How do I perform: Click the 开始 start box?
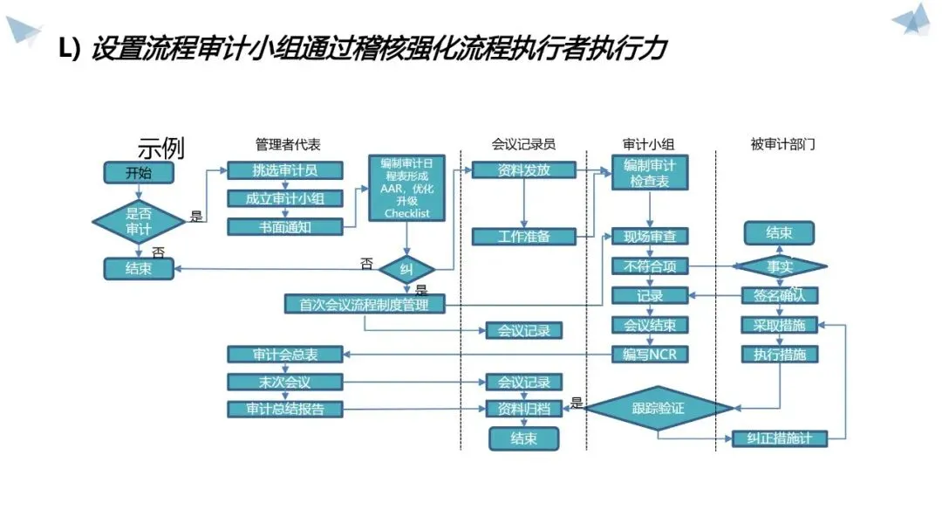(x=139, y=173)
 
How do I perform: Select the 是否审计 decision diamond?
(x=139, y=222)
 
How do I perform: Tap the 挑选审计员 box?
(x=285, y=171)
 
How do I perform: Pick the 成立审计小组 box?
(x=285, y=199)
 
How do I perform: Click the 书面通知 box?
(x=285, y=227)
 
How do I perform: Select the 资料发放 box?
(x=523, y=170)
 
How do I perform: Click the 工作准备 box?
(x=523, y=237)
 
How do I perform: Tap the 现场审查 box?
(x=650, y=237)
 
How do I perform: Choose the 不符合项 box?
(x=650, y=266)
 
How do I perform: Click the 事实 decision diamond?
(x=780, y=266)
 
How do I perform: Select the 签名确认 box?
(x=780, y=295)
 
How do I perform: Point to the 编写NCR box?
(x=650, y=354)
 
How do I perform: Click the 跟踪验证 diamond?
(x=659, y=408)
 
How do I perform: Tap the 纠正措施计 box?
(x=780, y=438)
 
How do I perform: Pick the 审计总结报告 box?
(x=285, y=409)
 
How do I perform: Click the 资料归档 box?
(x=523, y=409)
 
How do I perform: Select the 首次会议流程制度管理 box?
(x=365, y=304)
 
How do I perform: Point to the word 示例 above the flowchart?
(x=161, y=148)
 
